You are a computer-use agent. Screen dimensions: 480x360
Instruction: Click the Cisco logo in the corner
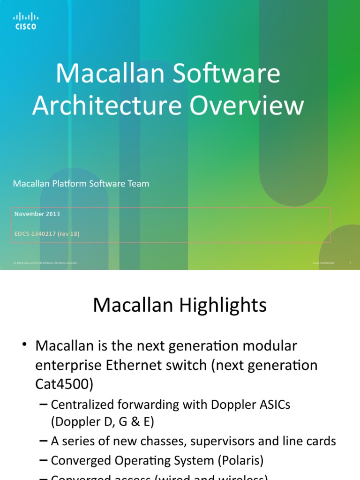[25, 21]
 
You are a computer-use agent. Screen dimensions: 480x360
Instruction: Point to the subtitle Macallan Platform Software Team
[81, 184]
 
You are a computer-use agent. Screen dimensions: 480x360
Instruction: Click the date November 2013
[37, 214]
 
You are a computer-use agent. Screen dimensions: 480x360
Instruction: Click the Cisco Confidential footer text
[323, 263]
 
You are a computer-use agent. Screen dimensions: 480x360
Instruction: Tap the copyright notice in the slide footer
[45, 263]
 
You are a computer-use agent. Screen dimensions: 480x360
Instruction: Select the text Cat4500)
[65, 384]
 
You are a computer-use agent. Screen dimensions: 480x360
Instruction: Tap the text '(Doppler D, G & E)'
[103, 422]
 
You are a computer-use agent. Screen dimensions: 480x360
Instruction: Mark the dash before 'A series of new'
[43, 441]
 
